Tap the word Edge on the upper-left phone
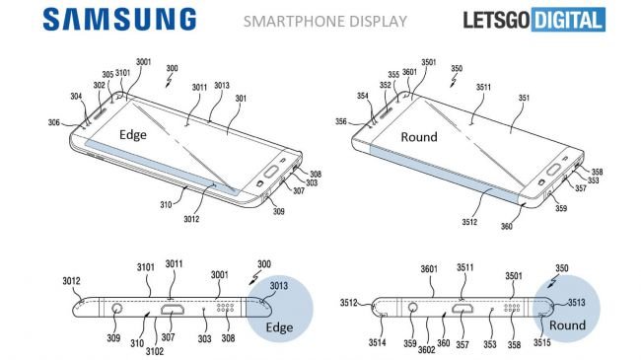135,136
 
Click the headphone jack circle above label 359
410,309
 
